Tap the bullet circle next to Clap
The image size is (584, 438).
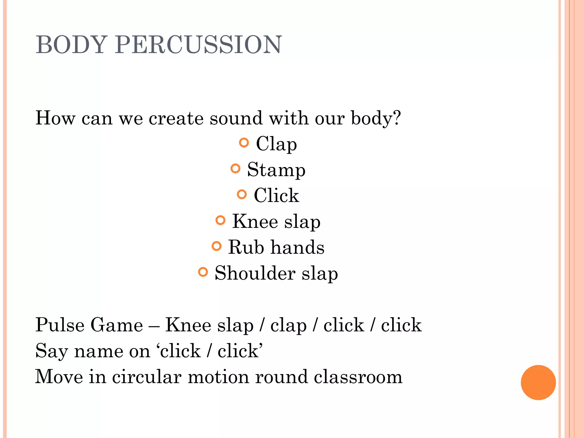[244, 142]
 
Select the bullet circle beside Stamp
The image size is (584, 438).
[235, 168]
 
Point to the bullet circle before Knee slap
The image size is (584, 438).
[220, 220]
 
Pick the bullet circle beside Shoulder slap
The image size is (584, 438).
[203, 272]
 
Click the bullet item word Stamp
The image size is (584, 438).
[276, 170]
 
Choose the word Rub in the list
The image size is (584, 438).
[246, 247]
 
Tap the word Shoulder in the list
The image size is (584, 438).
[255, 273]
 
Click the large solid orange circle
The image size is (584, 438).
[538, 382]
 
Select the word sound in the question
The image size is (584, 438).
[236, 118]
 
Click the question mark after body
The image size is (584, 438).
[396, 117]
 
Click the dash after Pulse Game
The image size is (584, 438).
[154, 326]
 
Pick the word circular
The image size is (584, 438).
[147, 376]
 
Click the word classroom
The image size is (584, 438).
[358, 376]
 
